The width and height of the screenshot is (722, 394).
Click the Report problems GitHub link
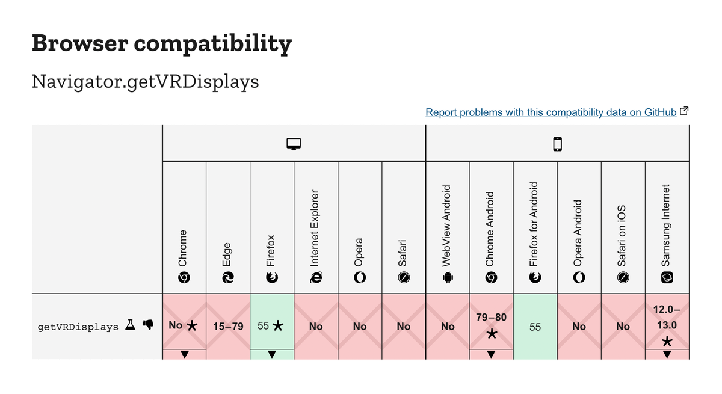pyautogui.click(x=551, y=112)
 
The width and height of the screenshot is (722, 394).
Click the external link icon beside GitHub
pyautogui.click(x=684, y=111)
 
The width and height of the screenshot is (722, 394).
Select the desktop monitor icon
pyautogui.click(x=294, y=144)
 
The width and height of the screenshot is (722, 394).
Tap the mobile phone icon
pyautogui.click(x=557, y=144)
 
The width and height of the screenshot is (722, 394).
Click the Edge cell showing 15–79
pyautogui.click(x=228, y=327)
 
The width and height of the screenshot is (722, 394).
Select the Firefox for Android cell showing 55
pyautogui.click(x=535, y=327)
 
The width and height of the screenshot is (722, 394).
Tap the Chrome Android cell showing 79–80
pyautogui.click(x=491, y=321)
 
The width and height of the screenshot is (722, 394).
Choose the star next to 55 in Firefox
pyautogui.click(x=278, y=326)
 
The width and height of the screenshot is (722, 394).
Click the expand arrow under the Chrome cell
pyautogui.click(x=184, y=354)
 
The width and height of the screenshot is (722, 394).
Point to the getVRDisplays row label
pyautogui.click(x=78, y=327)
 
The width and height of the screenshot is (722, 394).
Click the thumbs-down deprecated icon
pyautogui.click(x=147, y=325)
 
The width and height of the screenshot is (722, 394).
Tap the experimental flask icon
pyautogui.click(x=130, y=325)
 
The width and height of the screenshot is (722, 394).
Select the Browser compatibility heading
pyautogui.click(x=161, y=43)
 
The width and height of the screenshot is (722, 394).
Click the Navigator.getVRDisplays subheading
pyautogui.click(x=145, y=81)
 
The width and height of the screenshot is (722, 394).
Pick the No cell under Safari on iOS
pyautogui.click(x=623, y=327)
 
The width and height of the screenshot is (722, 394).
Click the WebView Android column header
pyautogui.click(x=447, y=235)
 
